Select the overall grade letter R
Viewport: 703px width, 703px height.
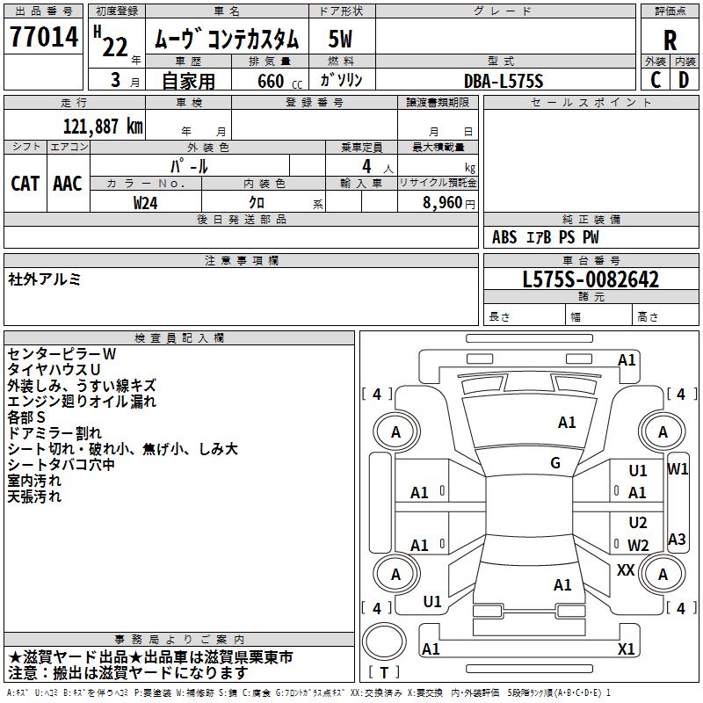click(x=670, y=40)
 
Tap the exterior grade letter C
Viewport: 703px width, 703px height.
click(x=655, y=79)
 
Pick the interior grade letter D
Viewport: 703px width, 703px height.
click(x=684, y=79)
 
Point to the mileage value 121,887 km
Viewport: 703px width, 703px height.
click(x=103, y=126)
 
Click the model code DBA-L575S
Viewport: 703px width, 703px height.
click(x=504, y=81)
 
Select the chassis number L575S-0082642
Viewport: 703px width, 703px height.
click(x=591, y=279)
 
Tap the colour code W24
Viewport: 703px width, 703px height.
click(x=146, y=202)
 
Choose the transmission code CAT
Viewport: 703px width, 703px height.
click(x=25, y=183)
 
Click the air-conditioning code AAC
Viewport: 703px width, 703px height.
click(x=68, y=183)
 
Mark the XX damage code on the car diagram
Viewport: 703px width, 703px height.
click(x=626, y=570)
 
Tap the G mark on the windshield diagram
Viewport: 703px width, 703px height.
click(x=555, y=463)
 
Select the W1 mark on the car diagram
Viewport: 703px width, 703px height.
click(x=678, y=468)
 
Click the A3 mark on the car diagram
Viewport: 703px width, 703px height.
click(x=677, y=540)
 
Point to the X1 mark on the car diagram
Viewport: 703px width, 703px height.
click(x=626, y=649)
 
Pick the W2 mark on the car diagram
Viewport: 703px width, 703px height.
click(x=638, y=545)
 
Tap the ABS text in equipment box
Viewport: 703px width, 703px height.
click(x=504, y=237)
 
